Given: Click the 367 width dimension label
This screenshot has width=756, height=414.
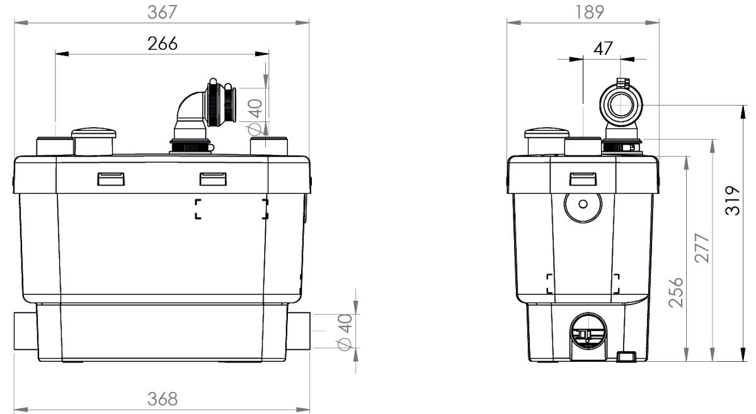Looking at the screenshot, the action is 163,13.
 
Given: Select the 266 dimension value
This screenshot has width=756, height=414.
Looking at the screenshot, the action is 163,44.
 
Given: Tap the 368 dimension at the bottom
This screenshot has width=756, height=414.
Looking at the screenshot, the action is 163,399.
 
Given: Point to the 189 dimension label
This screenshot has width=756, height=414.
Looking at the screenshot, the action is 590,13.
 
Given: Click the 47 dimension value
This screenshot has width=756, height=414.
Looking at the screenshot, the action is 603,48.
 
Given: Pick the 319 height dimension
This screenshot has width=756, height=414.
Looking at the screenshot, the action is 732,200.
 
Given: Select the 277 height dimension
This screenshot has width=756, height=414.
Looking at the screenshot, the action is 702,248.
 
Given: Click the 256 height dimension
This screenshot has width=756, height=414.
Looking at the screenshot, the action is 675,293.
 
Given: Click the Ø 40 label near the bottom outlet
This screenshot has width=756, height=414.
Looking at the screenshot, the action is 345,332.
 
